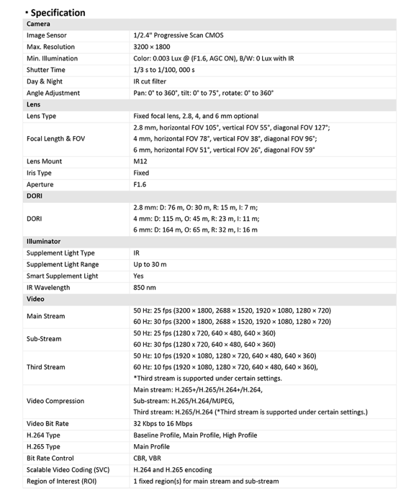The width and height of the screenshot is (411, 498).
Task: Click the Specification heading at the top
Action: tap(58, 12)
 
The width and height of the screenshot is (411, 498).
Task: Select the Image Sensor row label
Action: tap(46, 35)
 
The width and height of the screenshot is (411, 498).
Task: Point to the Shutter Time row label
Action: tap(46, 70)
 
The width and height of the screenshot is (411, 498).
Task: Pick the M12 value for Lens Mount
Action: tap(140, 161)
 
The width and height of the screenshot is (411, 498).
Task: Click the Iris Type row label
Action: tap(42, 173)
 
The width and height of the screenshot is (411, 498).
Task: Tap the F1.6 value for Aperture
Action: tap(141, 184)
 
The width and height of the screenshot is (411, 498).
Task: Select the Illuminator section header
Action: tap(44, 241)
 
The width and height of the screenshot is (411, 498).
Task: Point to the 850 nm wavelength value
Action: tap(144, 288)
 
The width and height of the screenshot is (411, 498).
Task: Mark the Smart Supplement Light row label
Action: tap(62, 276)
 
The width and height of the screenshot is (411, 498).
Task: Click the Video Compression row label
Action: tap(55, 401)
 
